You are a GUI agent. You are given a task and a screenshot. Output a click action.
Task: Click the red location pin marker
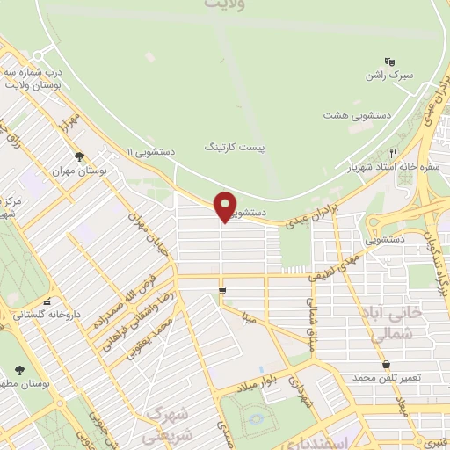coord(226,206)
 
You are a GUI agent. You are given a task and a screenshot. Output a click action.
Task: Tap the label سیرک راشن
coord(388,77)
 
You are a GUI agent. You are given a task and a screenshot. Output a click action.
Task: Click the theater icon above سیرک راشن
coord(390,62)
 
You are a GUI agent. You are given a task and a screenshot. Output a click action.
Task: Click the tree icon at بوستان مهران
coord(80,156)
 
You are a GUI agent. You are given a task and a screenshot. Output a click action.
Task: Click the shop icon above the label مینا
coord(221,290)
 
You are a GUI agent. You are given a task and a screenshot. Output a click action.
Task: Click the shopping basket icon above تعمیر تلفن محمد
coord(386,363)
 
